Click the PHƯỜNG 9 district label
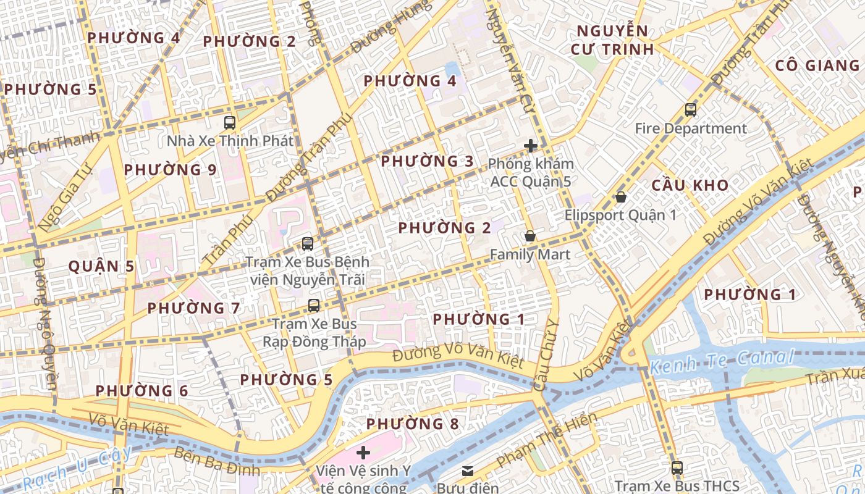(x=170, y=170)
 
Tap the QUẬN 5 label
(x=101, y=267)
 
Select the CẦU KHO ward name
(x=690, y=185)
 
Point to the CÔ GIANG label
(x=817, y=65)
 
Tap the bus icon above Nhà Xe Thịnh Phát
(x=230, y=122)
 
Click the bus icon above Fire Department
(x=691, y=110)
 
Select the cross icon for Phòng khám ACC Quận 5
(x=530, y=146)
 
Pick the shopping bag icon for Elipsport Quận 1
(x=620, y=197)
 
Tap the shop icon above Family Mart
(x=530, y=236)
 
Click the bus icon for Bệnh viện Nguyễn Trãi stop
(x=307, y=244)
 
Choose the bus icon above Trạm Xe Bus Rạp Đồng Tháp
(x=314, y=305)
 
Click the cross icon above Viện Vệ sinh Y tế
(x=363, y=453)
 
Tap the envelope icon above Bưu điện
(x=468, y=471)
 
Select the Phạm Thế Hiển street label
(x=547, y=440)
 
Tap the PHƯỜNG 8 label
(x=413, y=424)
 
